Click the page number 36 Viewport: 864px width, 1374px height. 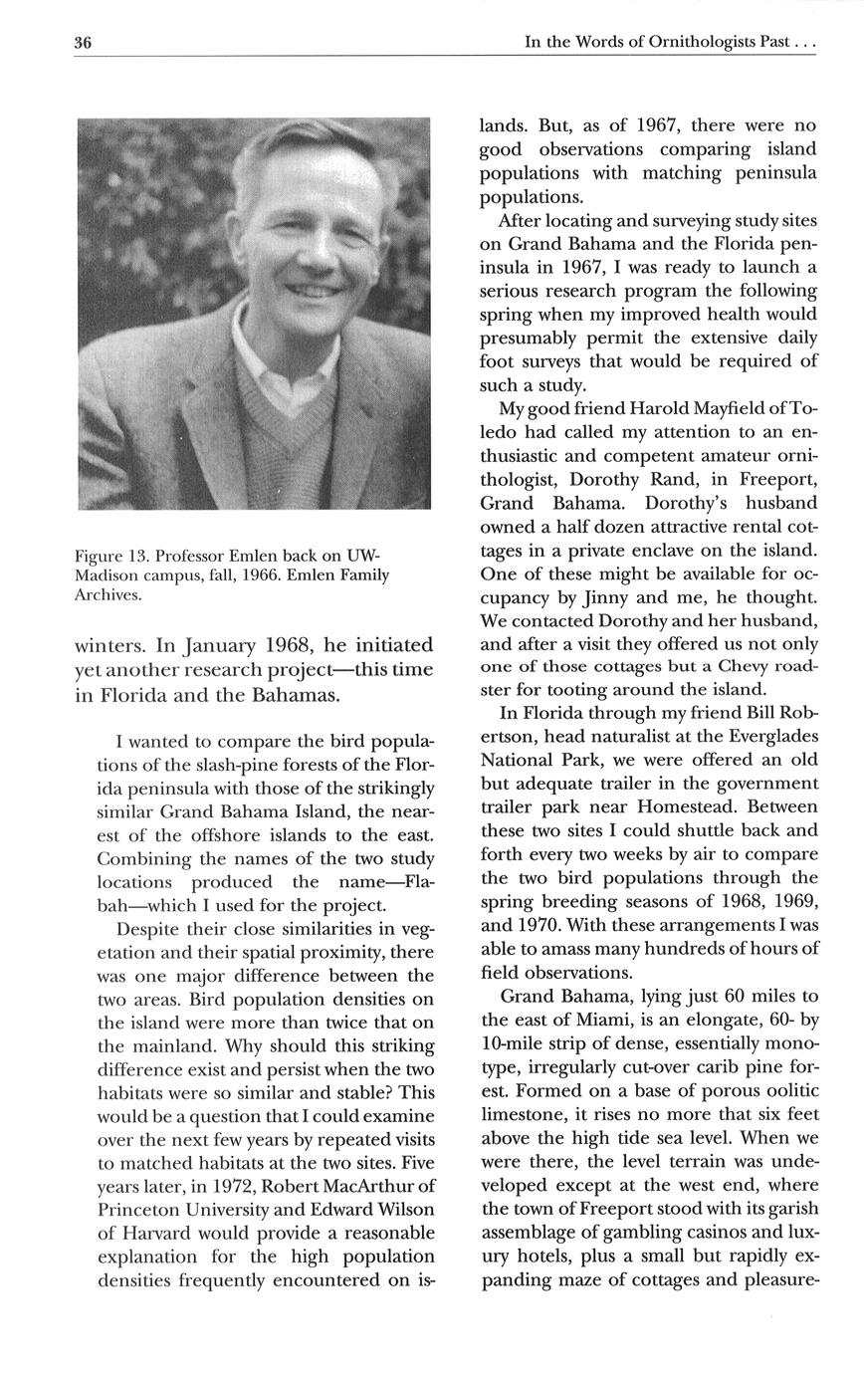83,43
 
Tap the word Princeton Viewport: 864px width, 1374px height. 145,1209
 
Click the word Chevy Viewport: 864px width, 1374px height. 746,665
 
